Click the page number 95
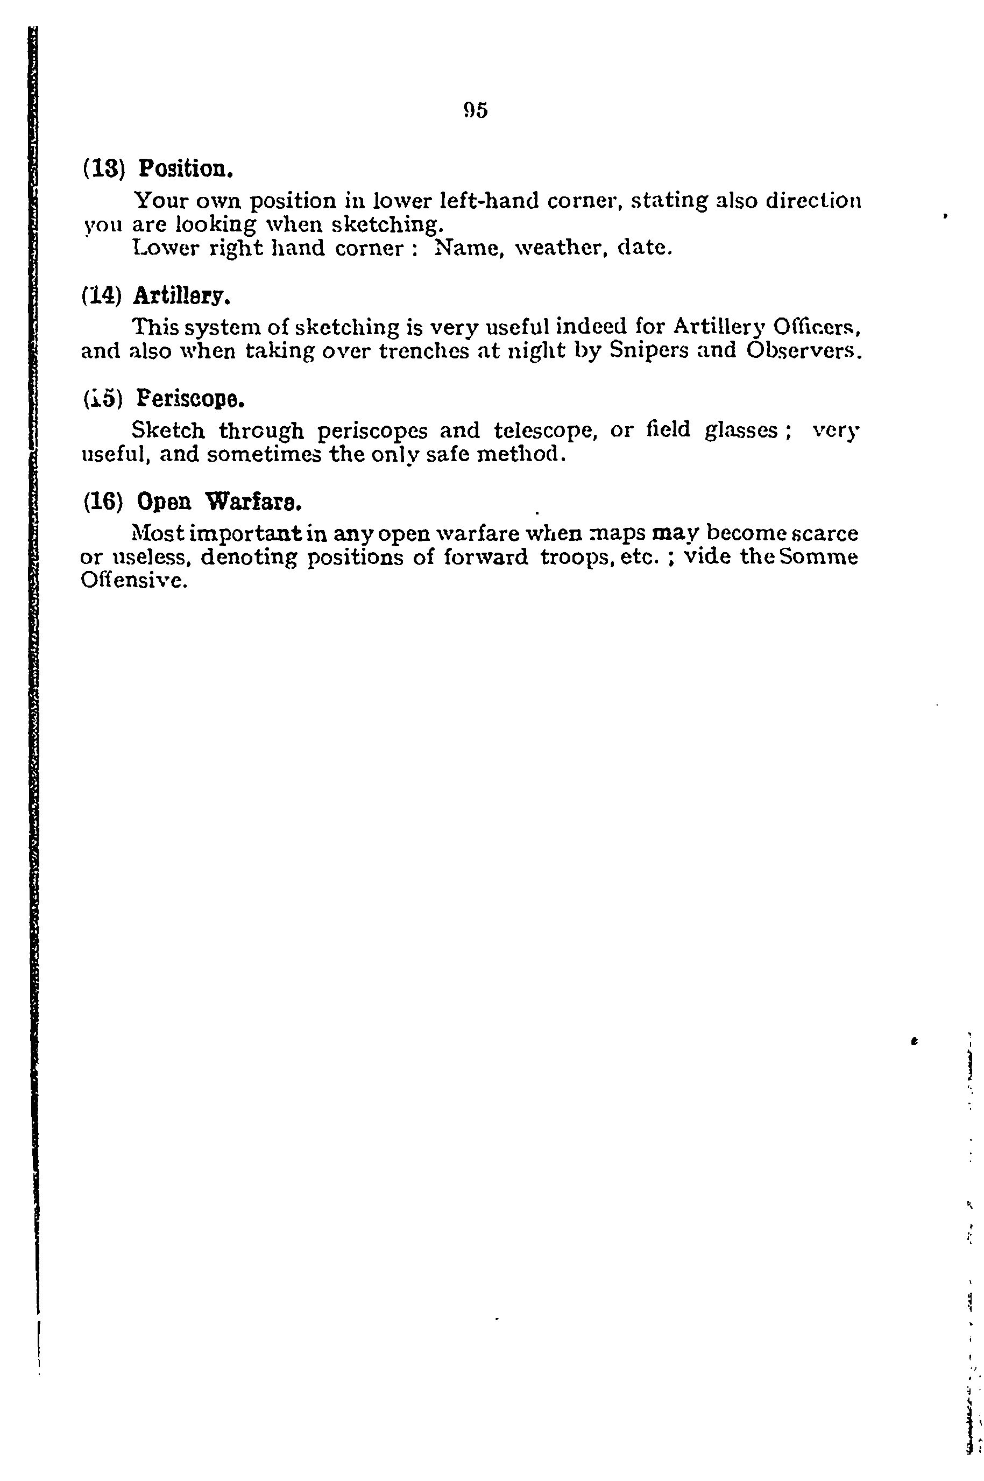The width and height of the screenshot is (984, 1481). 475,110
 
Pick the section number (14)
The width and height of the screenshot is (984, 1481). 102,294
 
